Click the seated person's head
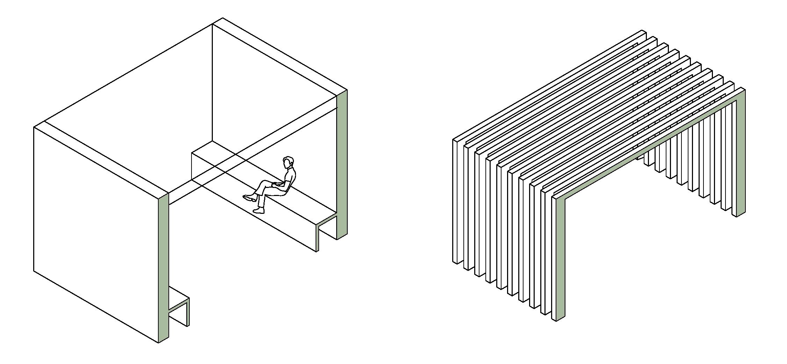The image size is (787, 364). click(x=288, y=162)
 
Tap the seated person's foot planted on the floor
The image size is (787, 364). click(x=259, y=210)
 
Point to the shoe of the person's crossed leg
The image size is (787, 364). click(x=249, y=198)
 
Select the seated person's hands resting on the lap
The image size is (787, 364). click(x=278, y=184)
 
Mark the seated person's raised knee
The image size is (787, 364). click(x=266, y=182)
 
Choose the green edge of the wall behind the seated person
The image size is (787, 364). click(x=342, y=164)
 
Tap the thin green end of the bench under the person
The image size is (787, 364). click(x=318, y=238)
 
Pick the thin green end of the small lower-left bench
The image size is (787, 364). click(x=188, y=313)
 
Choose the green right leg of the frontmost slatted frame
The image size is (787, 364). click(x=741, y=157)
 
